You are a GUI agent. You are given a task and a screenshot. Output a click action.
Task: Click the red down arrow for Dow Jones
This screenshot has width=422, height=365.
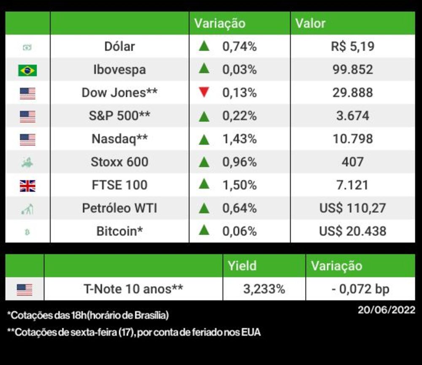point(204,92)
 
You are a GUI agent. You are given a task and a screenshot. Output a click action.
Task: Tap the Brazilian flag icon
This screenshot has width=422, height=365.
point(27,70)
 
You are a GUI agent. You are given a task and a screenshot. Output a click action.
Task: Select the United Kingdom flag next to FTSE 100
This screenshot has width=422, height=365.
point(27,186)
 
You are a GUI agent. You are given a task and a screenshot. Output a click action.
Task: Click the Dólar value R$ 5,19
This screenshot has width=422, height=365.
point(352,47)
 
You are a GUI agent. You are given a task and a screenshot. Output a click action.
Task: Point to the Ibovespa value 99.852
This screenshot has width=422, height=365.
point(352,70)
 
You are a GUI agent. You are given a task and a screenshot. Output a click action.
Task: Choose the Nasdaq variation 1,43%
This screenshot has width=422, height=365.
point(240,139)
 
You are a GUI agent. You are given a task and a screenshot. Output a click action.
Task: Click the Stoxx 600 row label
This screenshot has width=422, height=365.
point(119,162)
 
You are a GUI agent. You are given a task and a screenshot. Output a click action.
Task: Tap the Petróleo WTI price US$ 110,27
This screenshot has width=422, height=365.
point(352,208)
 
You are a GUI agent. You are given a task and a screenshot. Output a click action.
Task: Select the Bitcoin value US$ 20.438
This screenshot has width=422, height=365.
point(352,231)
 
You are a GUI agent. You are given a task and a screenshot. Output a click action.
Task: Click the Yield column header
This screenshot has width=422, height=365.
point(242,266)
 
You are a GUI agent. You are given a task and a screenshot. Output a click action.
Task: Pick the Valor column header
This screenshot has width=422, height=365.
point(310,23)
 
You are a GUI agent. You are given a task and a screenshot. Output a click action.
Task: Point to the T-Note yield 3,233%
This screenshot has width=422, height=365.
point(264,289)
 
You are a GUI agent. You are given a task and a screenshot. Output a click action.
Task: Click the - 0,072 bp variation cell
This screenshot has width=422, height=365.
point(360,289)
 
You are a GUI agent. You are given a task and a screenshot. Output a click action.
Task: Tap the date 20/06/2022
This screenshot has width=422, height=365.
point(387,310)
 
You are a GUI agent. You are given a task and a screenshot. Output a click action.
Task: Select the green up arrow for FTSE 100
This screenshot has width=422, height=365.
point(204,184)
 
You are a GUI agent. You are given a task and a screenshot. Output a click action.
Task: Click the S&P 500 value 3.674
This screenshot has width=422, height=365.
point(352,116)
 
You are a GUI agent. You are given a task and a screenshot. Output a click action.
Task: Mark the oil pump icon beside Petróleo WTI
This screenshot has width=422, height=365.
point(27,209)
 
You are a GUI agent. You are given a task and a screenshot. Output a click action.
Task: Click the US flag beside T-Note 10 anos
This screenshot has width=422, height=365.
point(24,290)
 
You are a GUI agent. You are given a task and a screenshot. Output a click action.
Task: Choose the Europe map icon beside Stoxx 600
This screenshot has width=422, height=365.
point(27,162)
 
